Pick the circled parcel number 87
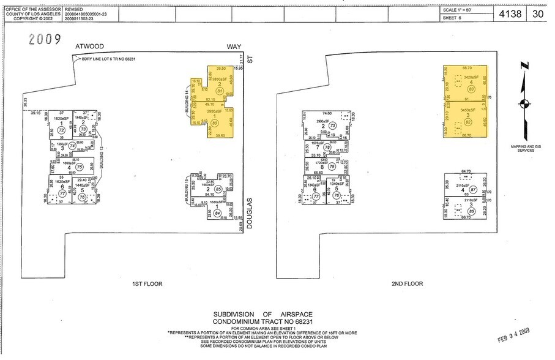click(x=472, y=190)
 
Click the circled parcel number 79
click(x=332, y=167)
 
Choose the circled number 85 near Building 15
click(x=218, y=189)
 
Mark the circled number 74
click(x=72, y=146)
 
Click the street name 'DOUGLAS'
click(x=250, y=212)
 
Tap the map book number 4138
click(x=511, y=13)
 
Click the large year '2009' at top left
click(x=45, y=40)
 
